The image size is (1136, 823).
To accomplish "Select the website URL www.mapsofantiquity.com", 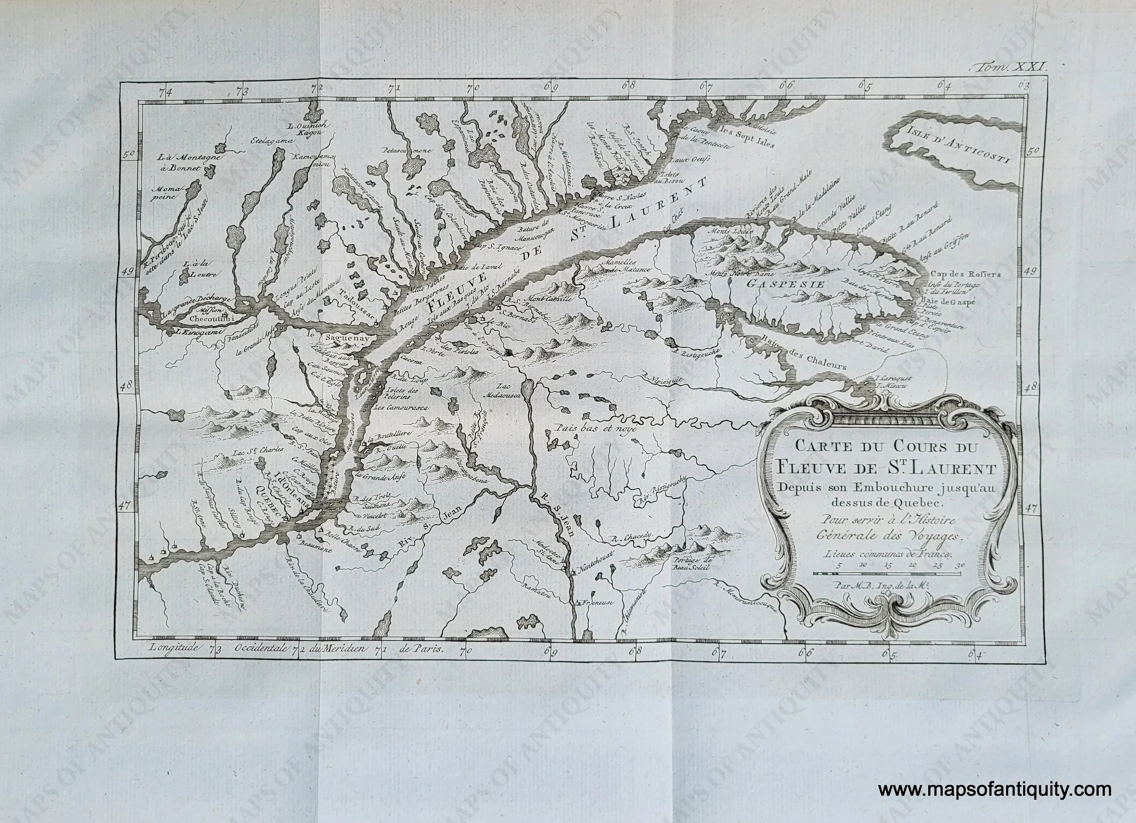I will pos(995,790).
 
